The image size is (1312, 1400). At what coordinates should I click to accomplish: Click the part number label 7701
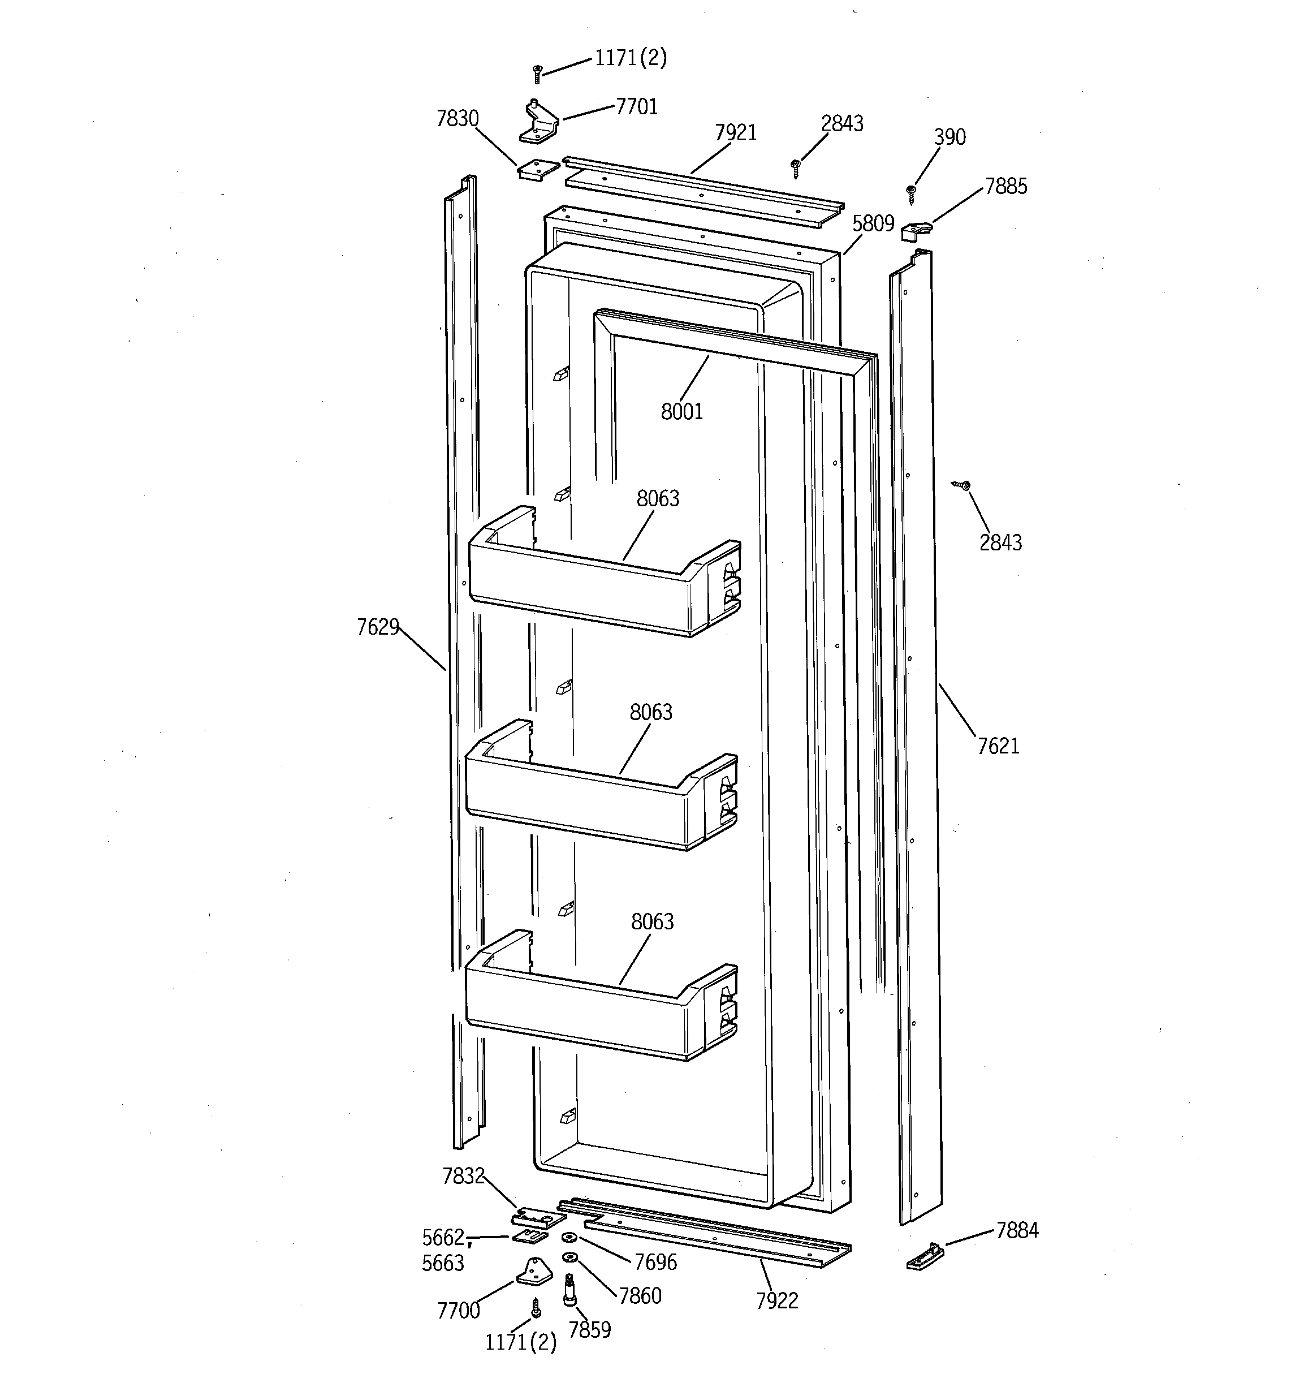tap(637, 107)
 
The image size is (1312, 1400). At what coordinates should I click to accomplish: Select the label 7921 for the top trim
tap(735, 132)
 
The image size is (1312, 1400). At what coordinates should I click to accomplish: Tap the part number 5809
tap(873, 224)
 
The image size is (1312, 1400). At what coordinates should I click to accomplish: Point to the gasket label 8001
tap(681, 411)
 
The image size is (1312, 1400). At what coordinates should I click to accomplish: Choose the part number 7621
tap(998, 746)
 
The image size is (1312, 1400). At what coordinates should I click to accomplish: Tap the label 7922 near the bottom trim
tap(777, 1300)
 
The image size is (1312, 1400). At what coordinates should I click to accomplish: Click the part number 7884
tap(1017, 1230)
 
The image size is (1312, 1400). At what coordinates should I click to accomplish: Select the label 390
tap(950, 137)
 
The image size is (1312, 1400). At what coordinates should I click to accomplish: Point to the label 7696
tap(655, 1263)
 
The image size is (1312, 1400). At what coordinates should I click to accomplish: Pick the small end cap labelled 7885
tap(916, 230)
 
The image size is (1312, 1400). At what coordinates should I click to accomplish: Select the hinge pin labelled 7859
tap(569, 1290)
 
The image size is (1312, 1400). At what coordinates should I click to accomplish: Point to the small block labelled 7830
tap(539, 169)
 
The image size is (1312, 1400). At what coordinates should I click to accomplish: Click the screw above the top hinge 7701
tap(537, 73)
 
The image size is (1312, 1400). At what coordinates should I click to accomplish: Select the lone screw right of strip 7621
tap(961, 485)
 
